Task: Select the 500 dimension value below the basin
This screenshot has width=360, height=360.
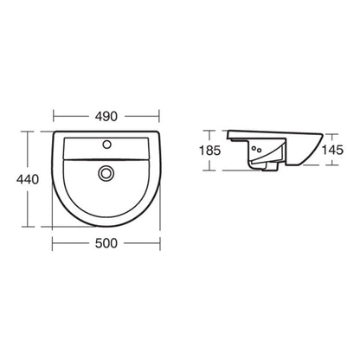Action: coord(107,245)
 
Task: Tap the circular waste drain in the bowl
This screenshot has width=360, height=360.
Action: coord(106,173)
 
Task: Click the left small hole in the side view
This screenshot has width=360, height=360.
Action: coord(254,151)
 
